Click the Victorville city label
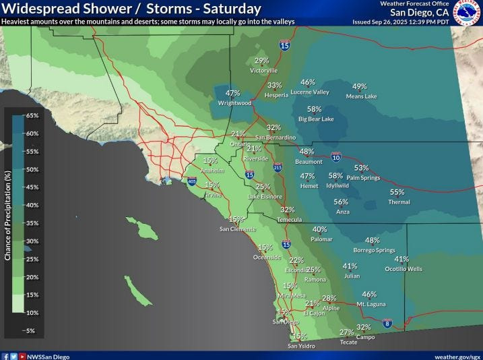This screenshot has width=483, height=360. coord(263,70)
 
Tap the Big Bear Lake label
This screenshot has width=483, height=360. coord(316,119)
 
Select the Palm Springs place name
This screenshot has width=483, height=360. coord(363,178)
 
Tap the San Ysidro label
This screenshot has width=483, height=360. coord(301,346)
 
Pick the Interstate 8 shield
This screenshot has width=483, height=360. coord(387,324)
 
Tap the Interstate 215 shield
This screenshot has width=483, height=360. coord(278,167)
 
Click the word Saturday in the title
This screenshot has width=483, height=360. coord(232,9)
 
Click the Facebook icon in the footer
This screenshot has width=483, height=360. coord(5,355)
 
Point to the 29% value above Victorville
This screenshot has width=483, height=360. coord(262,61)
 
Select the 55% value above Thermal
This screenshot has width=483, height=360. coord(397,192)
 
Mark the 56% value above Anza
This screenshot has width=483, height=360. coord(341,202)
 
